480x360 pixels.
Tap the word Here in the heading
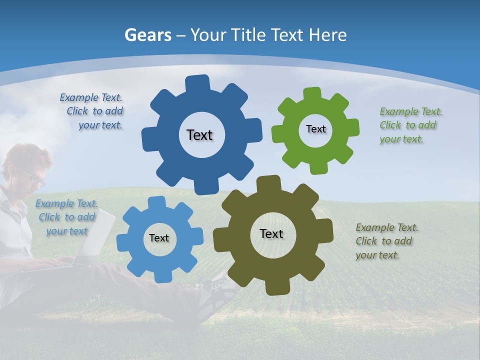[327, 35]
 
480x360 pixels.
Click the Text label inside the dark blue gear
[199, 135]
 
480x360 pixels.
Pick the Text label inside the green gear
[315, 129]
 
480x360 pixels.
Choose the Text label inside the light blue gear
[159, 238]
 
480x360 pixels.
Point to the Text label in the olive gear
[271, 234]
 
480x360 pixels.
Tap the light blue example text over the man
[66, 217]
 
